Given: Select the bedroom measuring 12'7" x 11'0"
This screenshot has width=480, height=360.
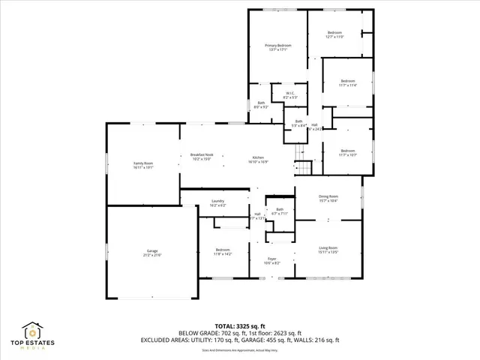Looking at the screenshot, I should (334, 35).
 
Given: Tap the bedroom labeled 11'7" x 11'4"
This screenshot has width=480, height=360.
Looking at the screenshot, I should (347, 82).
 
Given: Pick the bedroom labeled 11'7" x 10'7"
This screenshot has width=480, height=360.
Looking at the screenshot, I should (346, 152).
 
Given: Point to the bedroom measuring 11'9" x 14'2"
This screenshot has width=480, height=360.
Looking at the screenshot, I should (223, 251).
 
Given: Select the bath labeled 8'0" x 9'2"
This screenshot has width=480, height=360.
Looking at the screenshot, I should (261, 105).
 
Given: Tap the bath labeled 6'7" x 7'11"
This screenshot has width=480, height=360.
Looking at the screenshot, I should (279, 211).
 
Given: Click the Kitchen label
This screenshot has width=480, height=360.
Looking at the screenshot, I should (257, 158).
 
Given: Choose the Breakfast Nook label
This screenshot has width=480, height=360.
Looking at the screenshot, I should (202, 156).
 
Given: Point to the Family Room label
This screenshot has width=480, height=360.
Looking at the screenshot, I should (142, 165).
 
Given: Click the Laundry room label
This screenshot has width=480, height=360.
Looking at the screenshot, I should (217, 203).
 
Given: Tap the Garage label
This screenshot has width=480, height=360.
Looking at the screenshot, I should (151, 253).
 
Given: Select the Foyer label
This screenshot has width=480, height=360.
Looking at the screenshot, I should (271, 260).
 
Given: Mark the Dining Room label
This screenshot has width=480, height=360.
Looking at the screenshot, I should (328, 198).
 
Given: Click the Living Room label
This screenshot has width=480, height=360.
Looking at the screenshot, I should (328, 250).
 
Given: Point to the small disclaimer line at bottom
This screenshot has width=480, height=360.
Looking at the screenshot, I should (239, 350).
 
